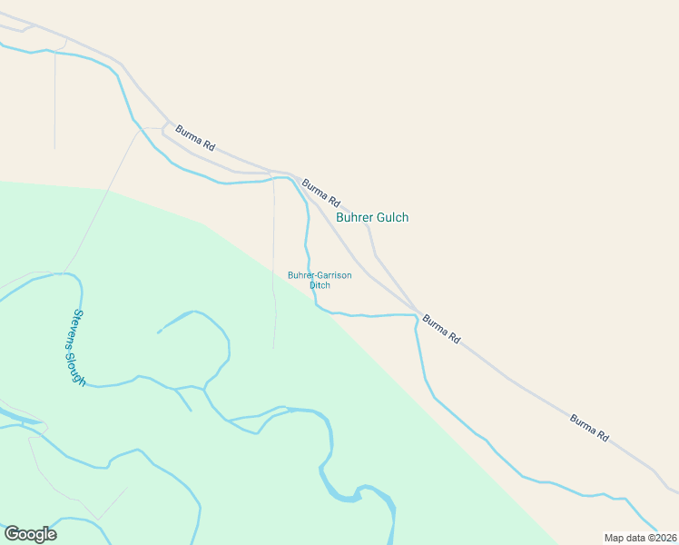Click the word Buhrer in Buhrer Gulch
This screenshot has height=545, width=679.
(x=354, y=218)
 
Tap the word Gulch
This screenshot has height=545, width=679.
(x=392, y=218)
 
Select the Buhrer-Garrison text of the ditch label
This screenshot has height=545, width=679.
(x=320, y=275)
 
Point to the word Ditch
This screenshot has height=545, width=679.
(x=320, y=285)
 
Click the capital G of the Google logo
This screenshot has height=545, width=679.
(x=13, y=534)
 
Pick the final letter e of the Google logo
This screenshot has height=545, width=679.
(x=52, y=535)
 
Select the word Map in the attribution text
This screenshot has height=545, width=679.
(x=614, y=538)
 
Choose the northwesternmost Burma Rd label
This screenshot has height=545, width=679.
(x=195, y=138)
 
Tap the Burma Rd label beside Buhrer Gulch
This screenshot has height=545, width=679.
(x=320, y=191)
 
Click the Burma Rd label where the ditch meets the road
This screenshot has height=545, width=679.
(x=441, y=329)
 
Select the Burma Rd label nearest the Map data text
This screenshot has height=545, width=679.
(x=588, y=428)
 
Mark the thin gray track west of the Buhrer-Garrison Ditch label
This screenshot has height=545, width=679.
(x=273, y=272)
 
